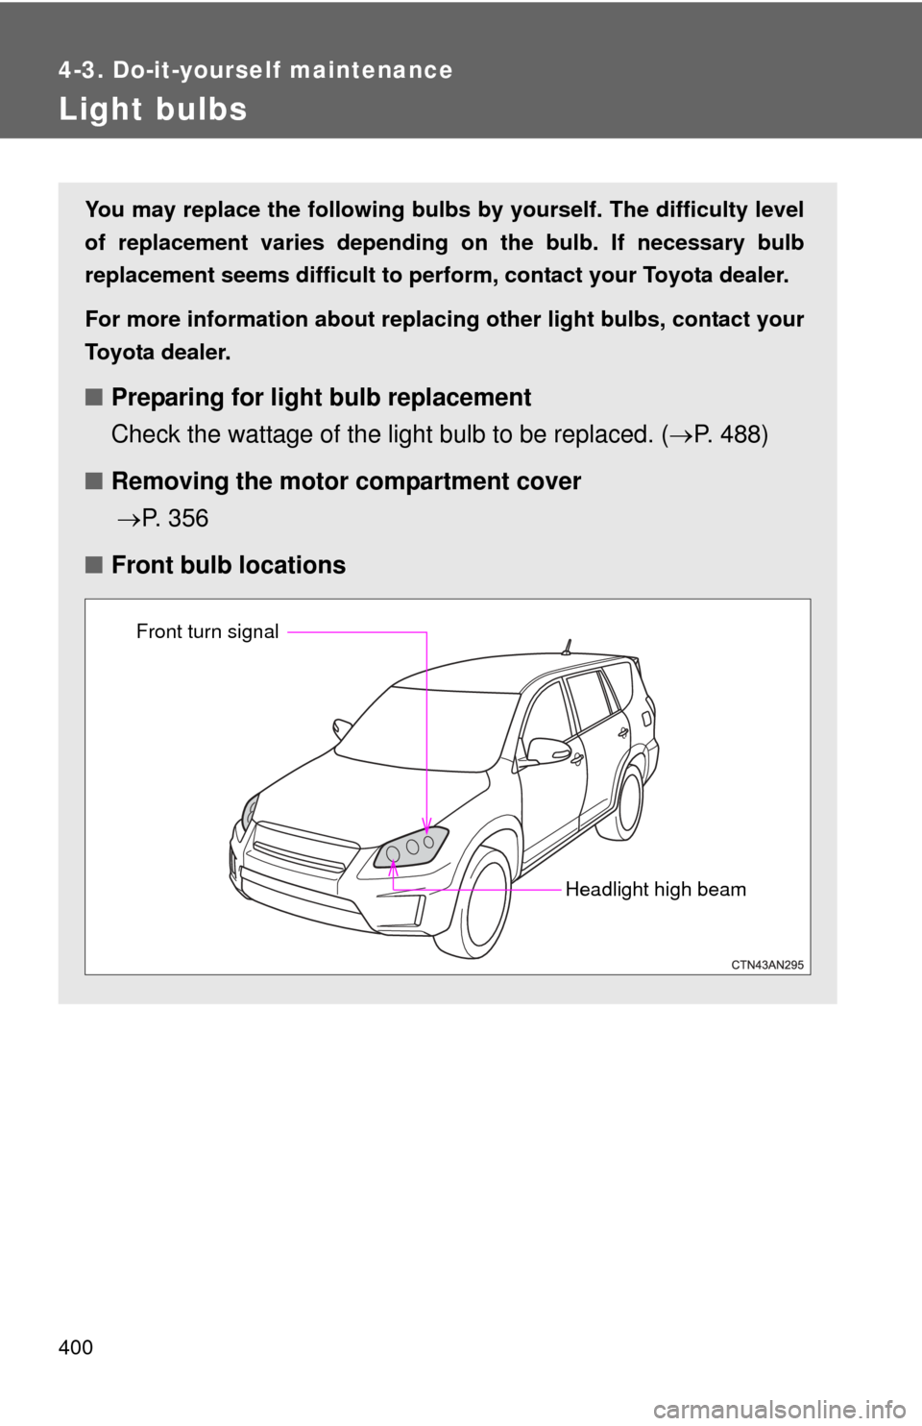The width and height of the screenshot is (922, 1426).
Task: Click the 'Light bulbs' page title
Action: pos(153,110)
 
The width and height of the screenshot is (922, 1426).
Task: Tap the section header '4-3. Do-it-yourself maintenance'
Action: pos(255,70)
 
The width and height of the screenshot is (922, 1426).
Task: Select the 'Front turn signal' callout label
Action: pos(207,631)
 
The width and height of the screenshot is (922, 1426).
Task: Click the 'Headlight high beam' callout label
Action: pos(655,890)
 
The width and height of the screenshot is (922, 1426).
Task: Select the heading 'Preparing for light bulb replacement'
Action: pos(321,398)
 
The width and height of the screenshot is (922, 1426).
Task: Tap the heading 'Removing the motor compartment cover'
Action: pos(346,481)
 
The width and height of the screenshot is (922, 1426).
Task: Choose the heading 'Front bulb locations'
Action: pos(228,565)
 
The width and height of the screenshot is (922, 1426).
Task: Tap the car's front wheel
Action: pos(486,905)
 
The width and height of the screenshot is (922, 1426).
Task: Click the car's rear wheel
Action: pos(630,800)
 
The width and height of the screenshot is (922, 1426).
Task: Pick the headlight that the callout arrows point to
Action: pos(410,848)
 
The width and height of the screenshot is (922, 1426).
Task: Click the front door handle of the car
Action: pos(577,759)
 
